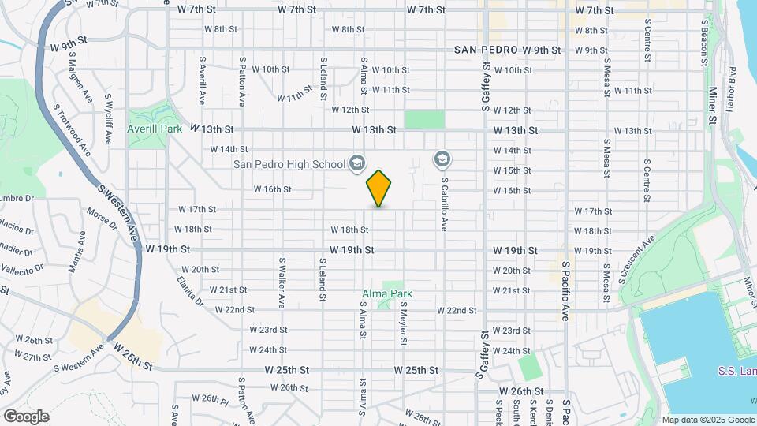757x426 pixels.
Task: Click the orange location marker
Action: pos(379,189)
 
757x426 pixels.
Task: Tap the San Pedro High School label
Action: pos(289,164)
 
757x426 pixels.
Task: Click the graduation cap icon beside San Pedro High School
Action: pos(356,163)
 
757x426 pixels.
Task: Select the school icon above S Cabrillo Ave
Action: pos(442,160)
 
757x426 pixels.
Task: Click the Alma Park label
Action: pos(386,294)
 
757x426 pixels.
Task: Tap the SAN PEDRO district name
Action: pos(486,50)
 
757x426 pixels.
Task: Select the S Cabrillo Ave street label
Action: pos(444,203)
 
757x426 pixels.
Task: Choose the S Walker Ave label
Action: pos(282,282)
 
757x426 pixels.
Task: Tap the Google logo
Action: pos(26,416)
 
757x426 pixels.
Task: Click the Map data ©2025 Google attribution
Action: pos(708,420)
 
